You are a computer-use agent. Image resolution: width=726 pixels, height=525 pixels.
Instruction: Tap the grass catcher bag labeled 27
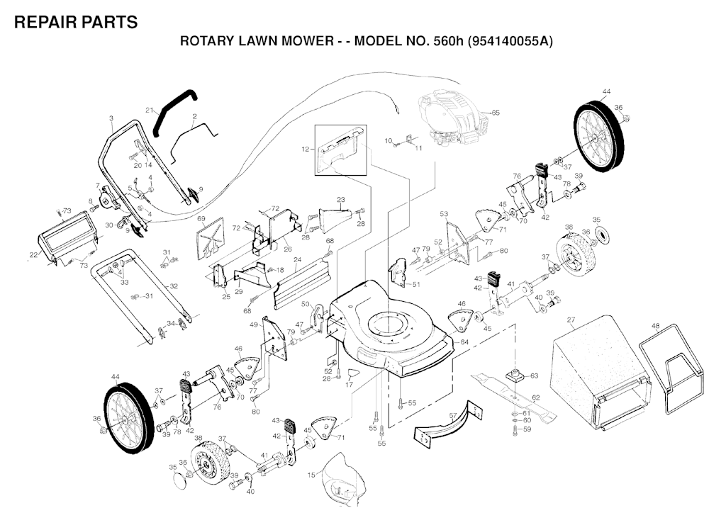point(600,373)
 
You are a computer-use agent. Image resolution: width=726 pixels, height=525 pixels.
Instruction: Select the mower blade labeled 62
point(513,395)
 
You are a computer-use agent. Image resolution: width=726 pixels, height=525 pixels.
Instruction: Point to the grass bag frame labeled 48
point(673,368)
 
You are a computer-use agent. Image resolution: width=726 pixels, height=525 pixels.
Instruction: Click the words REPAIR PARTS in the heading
point(76,22)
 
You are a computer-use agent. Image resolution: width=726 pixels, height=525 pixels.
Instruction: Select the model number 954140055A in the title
point(510,41)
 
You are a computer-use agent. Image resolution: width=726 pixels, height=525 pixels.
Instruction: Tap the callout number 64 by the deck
point(464,341)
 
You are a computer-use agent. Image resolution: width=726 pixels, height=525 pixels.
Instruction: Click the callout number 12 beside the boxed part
point(305,149)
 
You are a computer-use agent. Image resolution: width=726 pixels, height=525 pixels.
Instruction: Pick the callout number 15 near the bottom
point(311,475)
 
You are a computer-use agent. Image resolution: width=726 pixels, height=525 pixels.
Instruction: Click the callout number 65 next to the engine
point(496,113)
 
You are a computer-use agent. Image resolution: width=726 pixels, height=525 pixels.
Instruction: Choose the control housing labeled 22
point(67,239)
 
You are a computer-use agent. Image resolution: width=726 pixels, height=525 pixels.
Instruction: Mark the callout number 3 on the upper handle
point(111,118)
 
